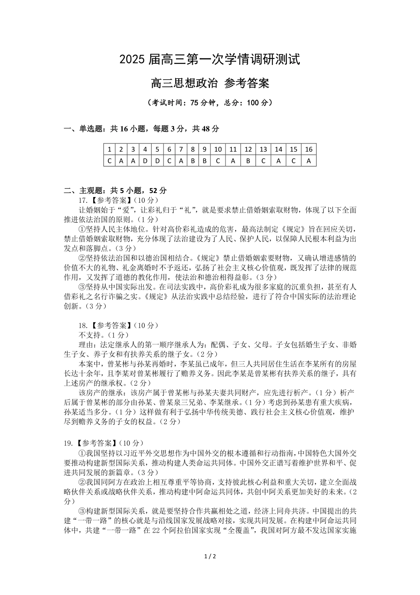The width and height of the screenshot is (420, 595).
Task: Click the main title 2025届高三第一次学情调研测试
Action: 210,59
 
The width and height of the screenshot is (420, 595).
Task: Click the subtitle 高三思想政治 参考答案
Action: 210,83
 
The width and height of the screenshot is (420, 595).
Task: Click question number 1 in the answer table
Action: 109,150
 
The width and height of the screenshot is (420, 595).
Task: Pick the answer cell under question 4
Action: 145,161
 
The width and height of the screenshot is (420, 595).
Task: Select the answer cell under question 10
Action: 218,161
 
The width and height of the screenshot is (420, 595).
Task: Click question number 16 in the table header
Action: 309,150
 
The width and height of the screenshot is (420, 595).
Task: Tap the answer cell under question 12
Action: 248,161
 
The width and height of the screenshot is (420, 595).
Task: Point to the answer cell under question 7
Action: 181,161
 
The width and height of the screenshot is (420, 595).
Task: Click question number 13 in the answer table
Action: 263,150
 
